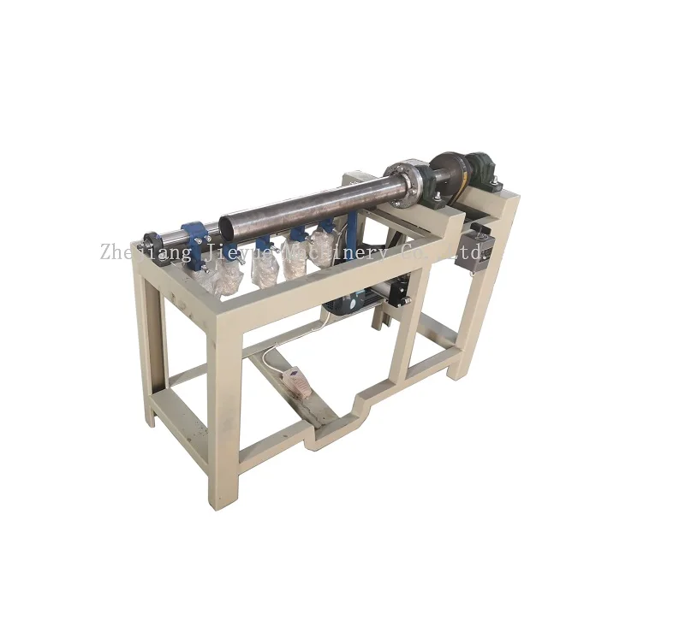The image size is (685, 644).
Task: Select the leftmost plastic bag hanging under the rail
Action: (226, 275)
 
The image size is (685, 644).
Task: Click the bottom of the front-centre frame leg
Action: (220, 500)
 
